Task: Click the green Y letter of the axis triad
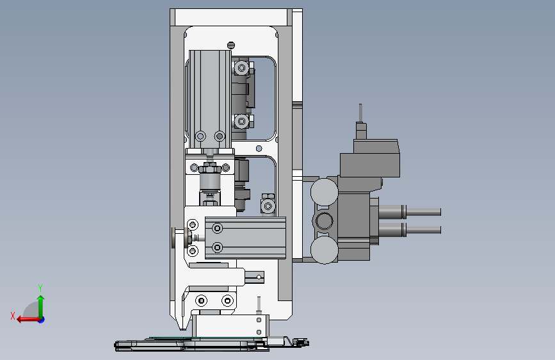tap(40, 288)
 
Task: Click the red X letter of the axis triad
tap(13, 316)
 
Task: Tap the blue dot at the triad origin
tap(42, 320)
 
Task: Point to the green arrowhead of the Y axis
tap(41, 299)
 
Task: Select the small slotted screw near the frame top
tap(231, 45)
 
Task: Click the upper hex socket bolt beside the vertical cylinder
tap(242, 68)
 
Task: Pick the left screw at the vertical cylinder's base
tap(200, 136)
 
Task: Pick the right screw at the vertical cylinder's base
tap(220, 136)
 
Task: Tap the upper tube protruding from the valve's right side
tap(410, 212)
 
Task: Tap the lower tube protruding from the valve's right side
tap(410, 229)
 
